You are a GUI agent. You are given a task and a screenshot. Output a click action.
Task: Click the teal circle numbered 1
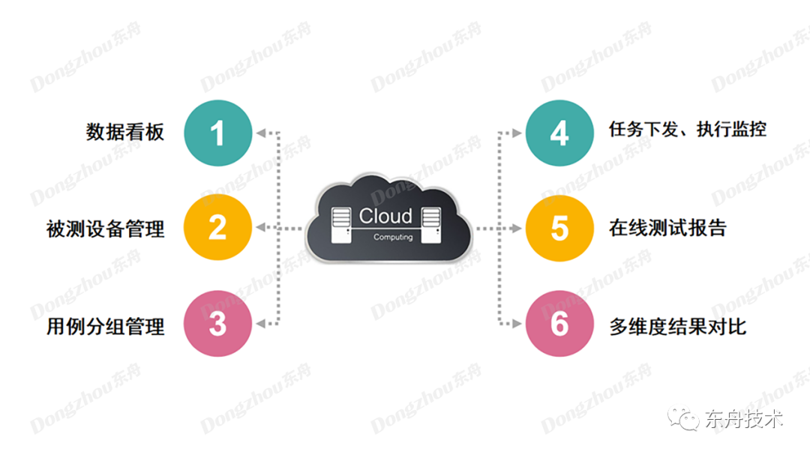pyautogui.click(x=217, y=133)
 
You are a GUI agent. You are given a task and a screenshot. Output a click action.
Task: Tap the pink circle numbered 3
pyautogui.click(x=217, y=324)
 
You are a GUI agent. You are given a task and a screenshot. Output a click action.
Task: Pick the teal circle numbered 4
pyautogui.click(x=559, y=133)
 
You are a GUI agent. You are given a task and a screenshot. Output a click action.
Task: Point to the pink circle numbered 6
pyautogui.click(x=559, y=324)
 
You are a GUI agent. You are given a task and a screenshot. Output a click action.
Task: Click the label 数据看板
pyautogui.click(x=124, y=133)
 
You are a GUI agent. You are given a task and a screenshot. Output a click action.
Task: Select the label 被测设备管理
pyautogui.click(x=105, y=229)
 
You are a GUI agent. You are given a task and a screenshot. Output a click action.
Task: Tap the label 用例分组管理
pyautogui.click(x=105, y=326)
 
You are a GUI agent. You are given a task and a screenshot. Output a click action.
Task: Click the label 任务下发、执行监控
pyautogui.click(x=688, y=129)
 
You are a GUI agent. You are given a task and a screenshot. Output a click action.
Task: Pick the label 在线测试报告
pyautogui.click(x=667, y=228)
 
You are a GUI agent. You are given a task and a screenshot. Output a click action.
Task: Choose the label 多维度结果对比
pyautogui.click(x=677, y=326)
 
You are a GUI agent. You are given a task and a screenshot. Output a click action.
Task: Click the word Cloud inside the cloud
pyautogui.click(x=385, y=216)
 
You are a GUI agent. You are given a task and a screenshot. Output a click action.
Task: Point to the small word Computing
pyautogui.click(x=393, y=237)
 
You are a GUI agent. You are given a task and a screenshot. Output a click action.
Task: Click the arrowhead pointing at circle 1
pyautogui.click(x=260, y=133)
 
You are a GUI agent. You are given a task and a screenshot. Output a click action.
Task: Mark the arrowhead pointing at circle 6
pyautogui.click(x=517, y=324)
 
